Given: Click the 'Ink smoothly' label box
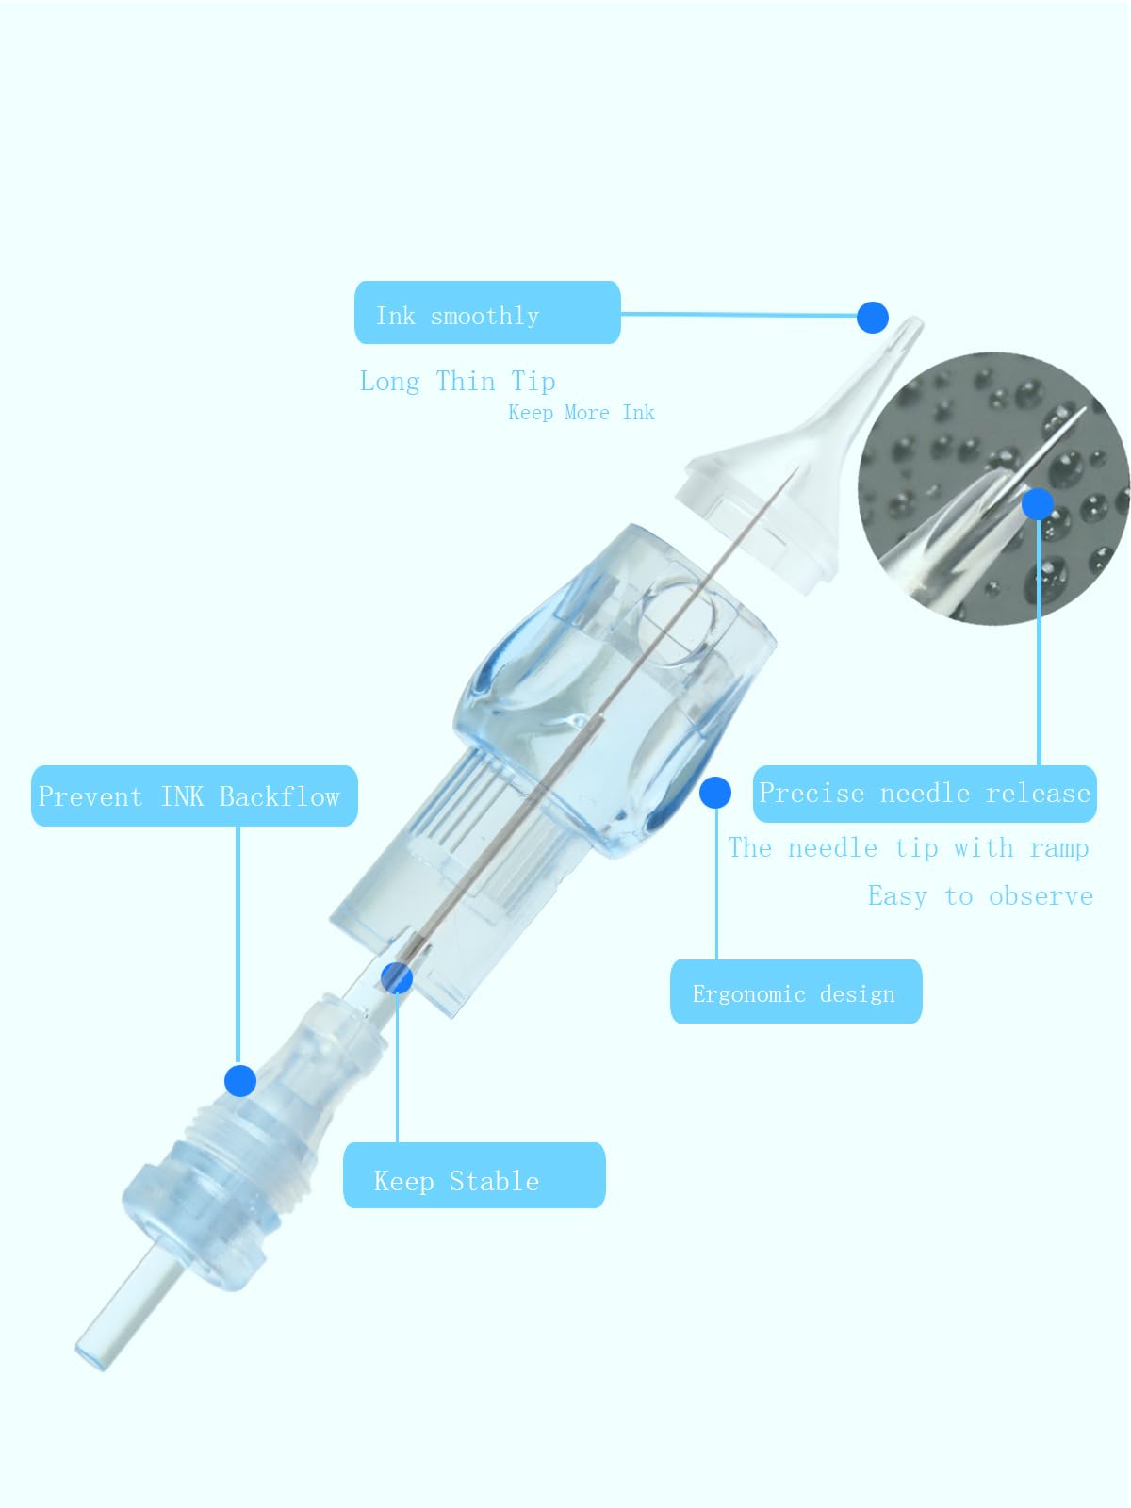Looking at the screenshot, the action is (x=487, y=313).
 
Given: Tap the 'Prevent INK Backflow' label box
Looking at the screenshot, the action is (x=194, y=795).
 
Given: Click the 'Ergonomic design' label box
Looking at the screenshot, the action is (x=795, y=992).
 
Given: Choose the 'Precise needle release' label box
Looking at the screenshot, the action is (x=925, y=794).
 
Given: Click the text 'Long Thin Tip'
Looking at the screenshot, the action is (x=457, y=382).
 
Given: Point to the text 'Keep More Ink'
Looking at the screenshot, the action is (x=581, y=413).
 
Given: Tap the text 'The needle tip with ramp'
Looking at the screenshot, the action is (x=909, y=848).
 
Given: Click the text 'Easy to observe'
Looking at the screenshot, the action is (x=980, y=896).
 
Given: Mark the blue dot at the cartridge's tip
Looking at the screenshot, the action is (x=872, y=318).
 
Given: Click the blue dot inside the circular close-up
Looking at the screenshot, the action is (x=1038, y=504).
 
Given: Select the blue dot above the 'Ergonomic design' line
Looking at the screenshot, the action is (x=714, y=793).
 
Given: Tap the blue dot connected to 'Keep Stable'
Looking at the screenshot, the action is (x=397, y=978).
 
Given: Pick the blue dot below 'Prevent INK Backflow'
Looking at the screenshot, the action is (x=240, y=1081).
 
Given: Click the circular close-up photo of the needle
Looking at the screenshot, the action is (x=993, y=488).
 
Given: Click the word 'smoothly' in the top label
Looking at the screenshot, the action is (x=484, y=316).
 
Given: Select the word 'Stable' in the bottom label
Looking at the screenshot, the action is (x=495, y=1181).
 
